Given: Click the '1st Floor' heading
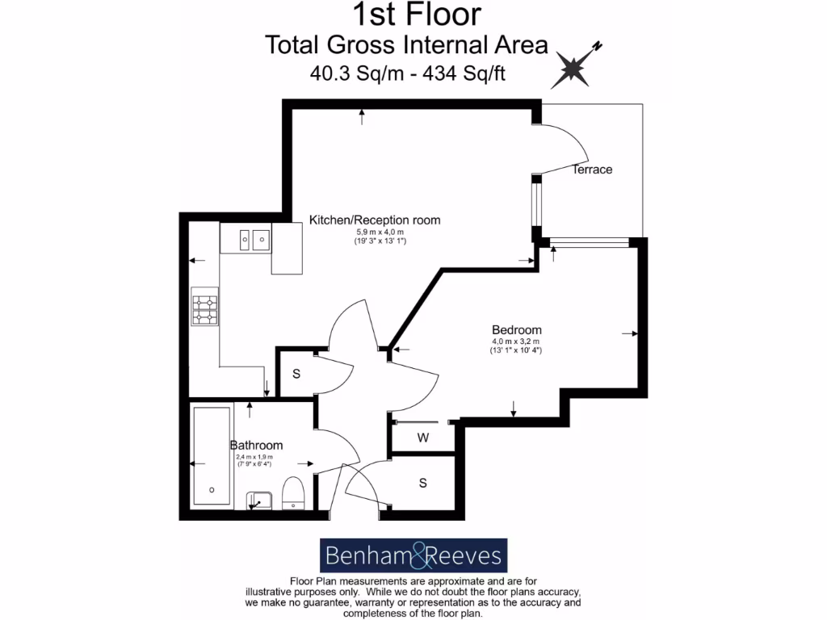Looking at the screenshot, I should click(417, 14).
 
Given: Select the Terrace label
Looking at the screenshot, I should click(592, 170).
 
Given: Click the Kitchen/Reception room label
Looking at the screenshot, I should click(376, 220).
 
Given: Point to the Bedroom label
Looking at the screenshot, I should click(517, 330).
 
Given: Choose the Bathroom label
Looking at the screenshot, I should click(256, 445).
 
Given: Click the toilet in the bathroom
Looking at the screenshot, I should click(292, 492).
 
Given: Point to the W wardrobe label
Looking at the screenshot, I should click(422, 438).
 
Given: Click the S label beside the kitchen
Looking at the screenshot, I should click(296, 374).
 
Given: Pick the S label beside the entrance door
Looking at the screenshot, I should click(422, 483).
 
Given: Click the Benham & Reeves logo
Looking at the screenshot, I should click(413, 555).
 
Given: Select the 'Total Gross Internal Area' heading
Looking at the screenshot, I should click(406, 44).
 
